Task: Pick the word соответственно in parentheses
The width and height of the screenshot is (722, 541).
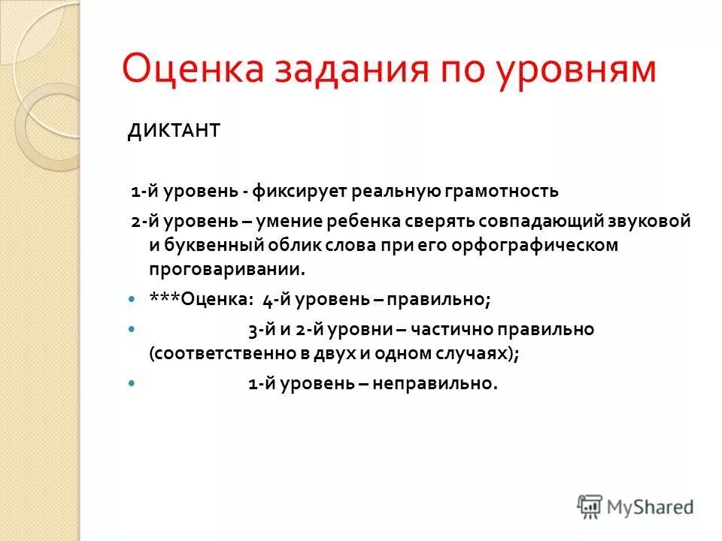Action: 207,354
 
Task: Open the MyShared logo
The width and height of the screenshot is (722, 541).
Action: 636,507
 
